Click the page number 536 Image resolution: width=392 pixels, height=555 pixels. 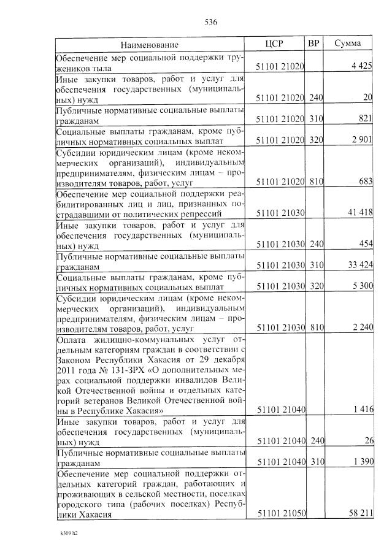click(211, 23)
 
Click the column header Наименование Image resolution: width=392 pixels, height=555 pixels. click(149, 45)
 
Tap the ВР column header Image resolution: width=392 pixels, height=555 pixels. click(313, 44)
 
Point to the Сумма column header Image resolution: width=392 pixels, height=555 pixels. click(347, 44)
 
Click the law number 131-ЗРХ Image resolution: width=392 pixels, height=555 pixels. click(125, 372)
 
